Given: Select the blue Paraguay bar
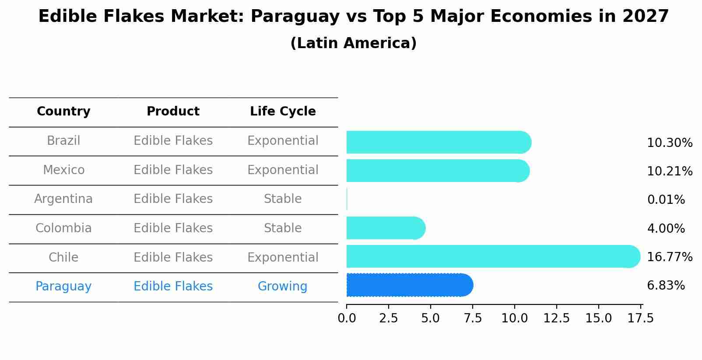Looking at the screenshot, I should coord(409,285).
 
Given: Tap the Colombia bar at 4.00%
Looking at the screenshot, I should coord(386,228).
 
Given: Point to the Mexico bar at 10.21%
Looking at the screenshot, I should coord(438,171).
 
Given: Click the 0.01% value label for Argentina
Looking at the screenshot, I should coord(666,200).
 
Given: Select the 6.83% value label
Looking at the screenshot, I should coord(666,286).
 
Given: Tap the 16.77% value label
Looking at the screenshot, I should coord(669,257).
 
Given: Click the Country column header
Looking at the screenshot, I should coord(63,112).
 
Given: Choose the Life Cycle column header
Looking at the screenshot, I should coord(283,112).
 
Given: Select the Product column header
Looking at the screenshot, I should coord(173,112).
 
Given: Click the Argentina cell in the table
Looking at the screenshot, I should coord(63,199).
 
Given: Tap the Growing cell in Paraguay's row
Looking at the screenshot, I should coord(282,287).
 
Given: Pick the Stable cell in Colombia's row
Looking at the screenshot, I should coord(282,228).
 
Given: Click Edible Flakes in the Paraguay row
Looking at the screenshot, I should coord(173,287).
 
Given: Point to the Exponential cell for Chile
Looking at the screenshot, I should coord(283,258).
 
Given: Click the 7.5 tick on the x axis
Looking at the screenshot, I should coord(472,318).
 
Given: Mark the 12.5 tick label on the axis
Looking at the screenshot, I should coord(556,318).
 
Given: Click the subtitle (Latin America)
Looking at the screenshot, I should coord(353,43).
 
